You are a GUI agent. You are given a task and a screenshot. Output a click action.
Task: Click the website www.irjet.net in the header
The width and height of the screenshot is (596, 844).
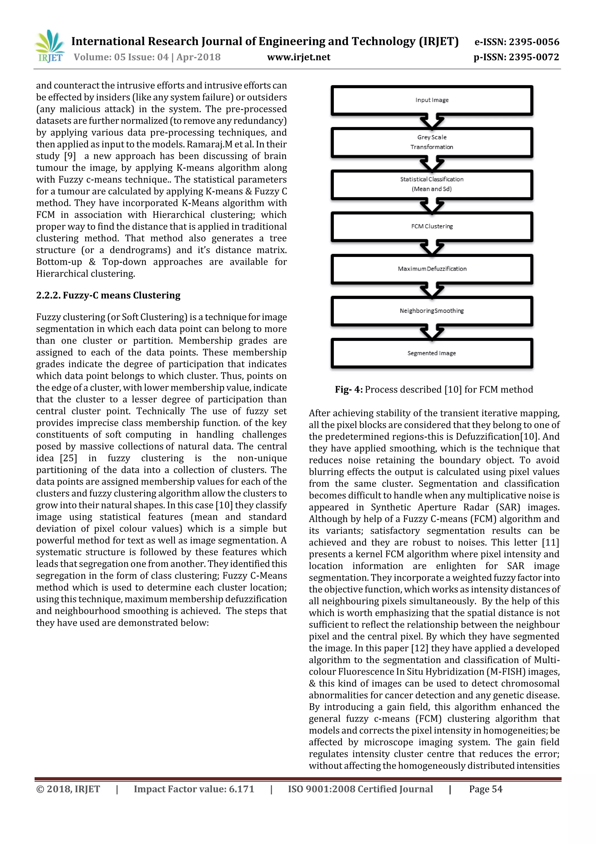[299, 57]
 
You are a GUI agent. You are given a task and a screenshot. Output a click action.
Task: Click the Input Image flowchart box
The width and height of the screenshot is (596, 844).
[432, 100]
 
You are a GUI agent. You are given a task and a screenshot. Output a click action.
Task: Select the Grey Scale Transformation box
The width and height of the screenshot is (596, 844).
[432, 142]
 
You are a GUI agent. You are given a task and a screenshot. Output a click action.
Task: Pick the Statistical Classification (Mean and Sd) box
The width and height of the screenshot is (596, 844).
[432, 184]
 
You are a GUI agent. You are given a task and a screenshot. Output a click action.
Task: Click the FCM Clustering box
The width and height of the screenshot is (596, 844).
[432, 226]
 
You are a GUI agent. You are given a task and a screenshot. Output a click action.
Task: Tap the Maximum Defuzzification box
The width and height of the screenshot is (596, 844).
[432, 269]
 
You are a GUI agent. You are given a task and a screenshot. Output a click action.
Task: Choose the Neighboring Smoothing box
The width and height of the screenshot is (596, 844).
[432, 311]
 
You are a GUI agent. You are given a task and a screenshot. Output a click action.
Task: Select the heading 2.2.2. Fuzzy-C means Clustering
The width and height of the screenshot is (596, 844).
[108, 295]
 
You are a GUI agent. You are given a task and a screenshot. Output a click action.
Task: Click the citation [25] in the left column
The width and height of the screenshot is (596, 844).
[69, 458]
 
